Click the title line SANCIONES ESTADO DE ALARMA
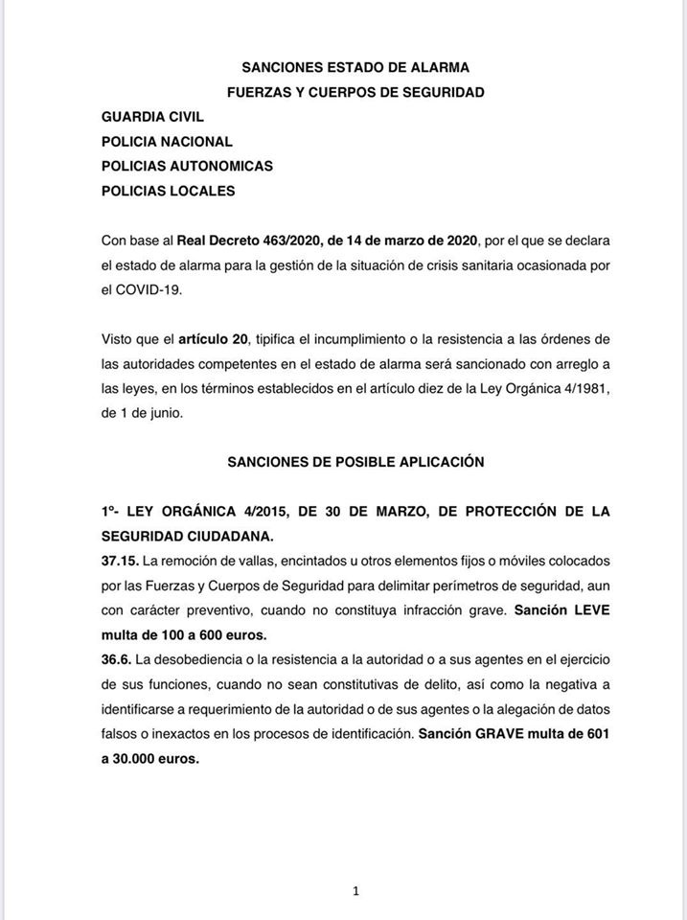pos(355,67)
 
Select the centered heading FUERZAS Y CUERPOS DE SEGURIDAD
pos(355,92)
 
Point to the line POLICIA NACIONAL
pos(167,141)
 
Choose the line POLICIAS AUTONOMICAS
pos(187,166)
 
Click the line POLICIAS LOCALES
pos(168,191)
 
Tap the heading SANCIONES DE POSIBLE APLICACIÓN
pos(355,462)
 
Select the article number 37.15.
pos(119,560)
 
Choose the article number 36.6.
pos(115,659)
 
